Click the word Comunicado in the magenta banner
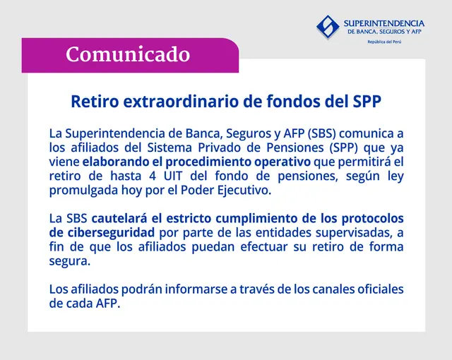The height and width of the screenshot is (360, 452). (x=128, y=54)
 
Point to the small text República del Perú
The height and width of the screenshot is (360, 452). (x=385, y=43)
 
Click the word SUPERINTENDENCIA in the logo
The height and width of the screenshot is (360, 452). (x=383, y=23)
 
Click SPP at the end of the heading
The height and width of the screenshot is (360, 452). (x=366, y=101)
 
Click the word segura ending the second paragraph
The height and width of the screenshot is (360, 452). (x=70, y=260)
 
